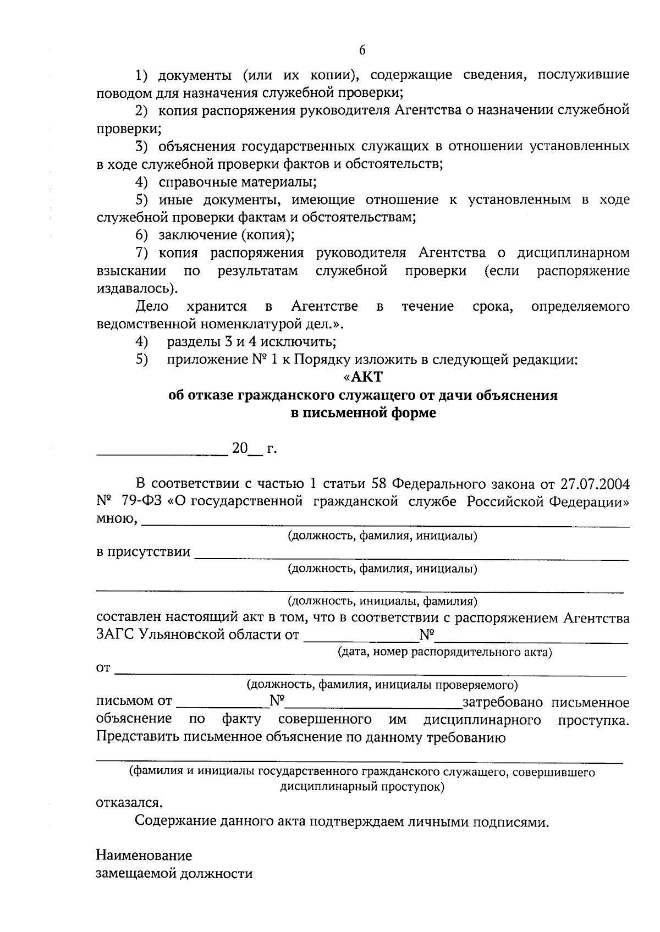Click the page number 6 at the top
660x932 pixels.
[x=362, y=50]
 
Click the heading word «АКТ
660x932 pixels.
[x=362, y=377]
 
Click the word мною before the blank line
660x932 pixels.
[x=116, y=519]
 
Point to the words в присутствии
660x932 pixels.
[x=144, y=552]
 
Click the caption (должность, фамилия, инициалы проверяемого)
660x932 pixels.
[x=382, y=685]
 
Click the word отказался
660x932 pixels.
[x=129, y=802]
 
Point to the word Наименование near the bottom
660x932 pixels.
[x=144, y=856]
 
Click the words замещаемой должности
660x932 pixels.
[x=174, y=873]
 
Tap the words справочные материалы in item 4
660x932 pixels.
[x=237, y=181]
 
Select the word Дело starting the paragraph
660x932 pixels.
[x=152, y=306]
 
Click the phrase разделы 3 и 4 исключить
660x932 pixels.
[x=251, y=341]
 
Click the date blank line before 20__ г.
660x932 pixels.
[x=162, y=454]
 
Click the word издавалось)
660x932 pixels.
[x=137, y=288]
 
